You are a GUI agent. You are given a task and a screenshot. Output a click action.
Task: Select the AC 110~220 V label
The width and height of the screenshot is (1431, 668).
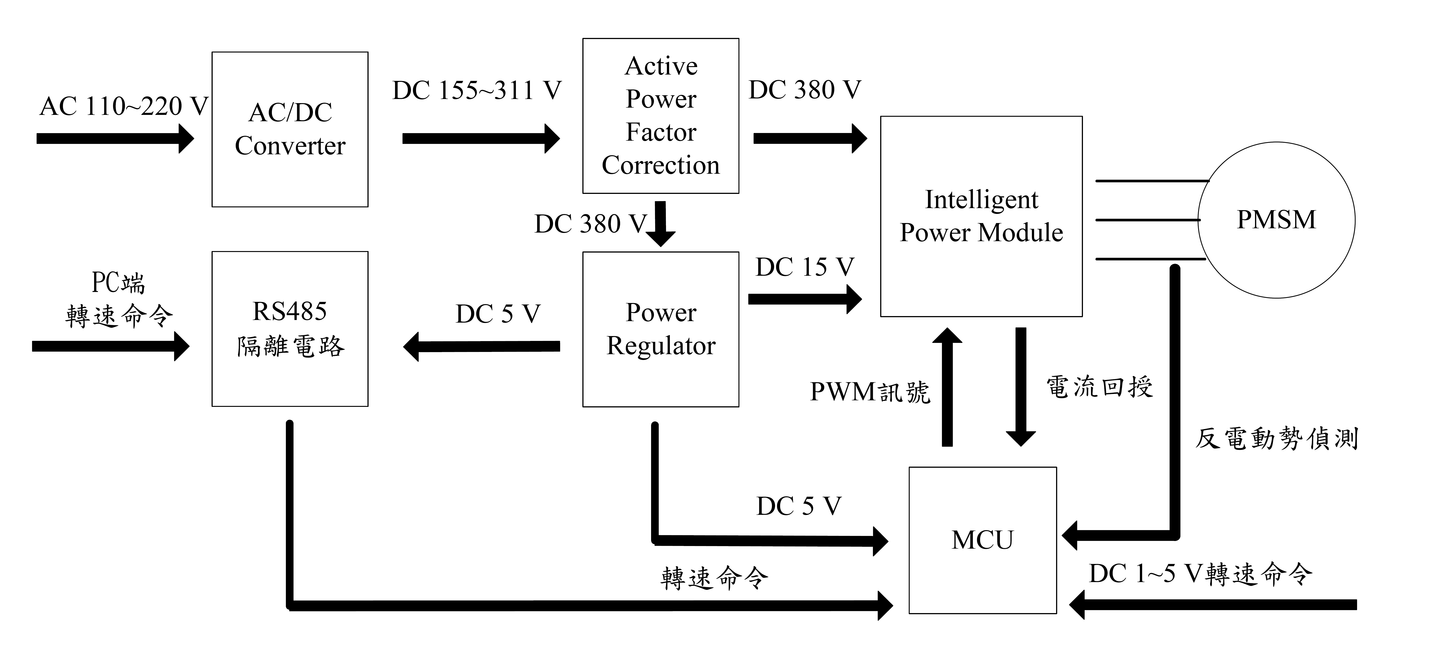pos(123,106)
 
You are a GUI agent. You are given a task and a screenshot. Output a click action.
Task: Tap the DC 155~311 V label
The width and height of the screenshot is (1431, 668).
pos(477,90)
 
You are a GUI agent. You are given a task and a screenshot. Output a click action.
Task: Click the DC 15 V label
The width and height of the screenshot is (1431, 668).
pos(804,267)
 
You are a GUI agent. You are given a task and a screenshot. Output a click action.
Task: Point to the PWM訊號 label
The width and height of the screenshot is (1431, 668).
pos(869,392)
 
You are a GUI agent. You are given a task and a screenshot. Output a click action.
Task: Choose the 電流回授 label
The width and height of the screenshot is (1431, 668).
pos(1099,387)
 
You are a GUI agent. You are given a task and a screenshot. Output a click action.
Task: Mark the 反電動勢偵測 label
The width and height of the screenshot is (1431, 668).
pos(1276,438)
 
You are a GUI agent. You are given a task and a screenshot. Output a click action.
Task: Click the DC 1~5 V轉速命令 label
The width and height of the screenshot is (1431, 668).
pos(1200,573)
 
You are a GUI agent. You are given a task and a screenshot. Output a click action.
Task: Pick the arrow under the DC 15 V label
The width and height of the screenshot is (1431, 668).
pos(804,299)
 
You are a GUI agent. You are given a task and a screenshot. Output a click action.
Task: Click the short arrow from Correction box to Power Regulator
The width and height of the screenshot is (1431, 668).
pos(660,223)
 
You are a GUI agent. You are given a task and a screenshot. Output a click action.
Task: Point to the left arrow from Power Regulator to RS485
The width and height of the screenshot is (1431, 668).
pos(481,346)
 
